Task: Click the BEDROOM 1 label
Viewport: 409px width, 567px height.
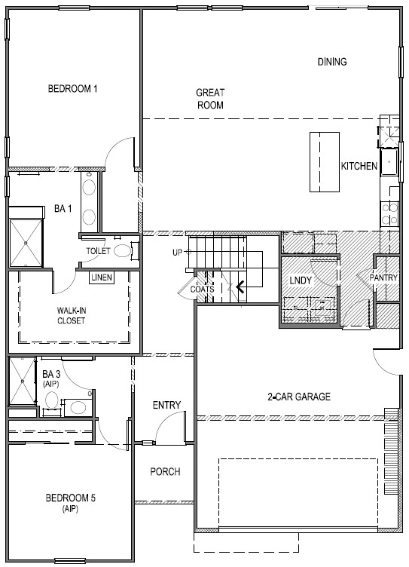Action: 72,89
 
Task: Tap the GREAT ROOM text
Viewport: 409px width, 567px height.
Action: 210,99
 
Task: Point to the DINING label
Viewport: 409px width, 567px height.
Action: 332,62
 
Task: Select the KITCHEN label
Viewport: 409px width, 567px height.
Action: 359,166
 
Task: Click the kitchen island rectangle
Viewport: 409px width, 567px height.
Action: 325,161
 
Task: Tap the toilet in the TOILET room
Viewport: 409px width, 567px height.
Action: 123,250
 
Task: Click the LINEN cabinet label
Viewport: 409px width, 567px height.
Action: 102,277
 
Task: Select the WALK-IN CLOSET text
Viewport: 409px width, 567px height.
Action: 71,316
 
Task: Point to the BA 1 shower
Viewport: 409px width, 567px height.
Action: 26,243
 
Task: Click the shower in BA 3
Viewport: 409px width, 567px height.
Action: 23,381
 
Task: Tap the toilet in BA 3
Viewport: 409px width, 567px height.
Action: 52,400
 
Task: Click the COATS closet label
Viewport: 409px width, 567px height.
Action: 202,290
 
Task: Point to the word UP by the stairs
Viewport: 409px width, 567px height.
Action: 177,253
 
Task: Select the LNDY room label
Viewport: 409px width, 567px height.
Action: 301,280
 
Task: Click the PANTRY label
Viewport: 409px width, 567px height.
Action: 383,277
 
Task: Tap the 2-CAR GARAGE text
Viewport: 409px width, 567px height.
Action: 299,397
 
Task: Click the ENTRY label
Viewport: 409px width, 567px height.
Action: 166,405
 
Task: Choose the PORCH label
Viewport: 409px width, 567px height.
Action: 165,471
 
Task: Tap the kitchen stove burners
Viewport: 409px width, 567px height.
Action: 390,213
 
